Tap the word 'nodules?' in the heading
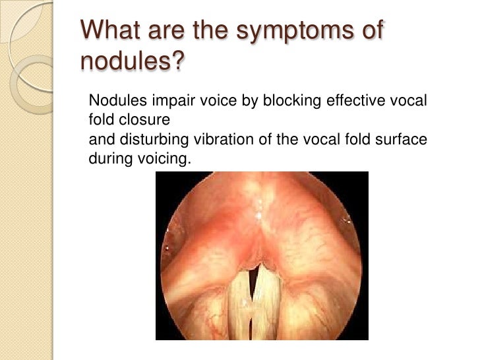coord(133,63)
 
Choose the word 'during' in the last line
coord(105,159)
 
